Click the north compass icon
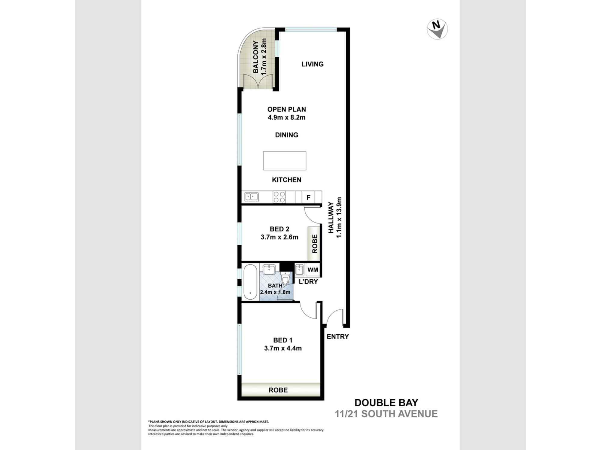437,29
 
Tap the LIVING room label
313,64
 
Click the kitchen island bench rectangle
285,161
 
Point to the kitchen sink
252,197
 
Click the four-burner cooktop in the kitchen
279,197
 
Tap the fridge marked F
308,197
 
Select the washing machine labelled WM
313,270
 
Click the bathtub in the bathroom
250,282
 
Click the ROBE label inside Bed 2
315,244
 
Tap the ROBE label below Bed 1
278,390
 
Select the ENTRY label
338,337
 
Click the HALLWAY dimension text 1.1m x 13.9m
339,217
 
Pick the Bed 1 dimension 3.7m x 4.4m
283,348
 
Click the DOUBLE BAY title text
386,403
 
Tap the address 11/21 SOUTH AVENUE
386,414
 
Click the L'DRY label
308,282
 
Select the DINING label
287,135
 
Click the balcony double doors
258,82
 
